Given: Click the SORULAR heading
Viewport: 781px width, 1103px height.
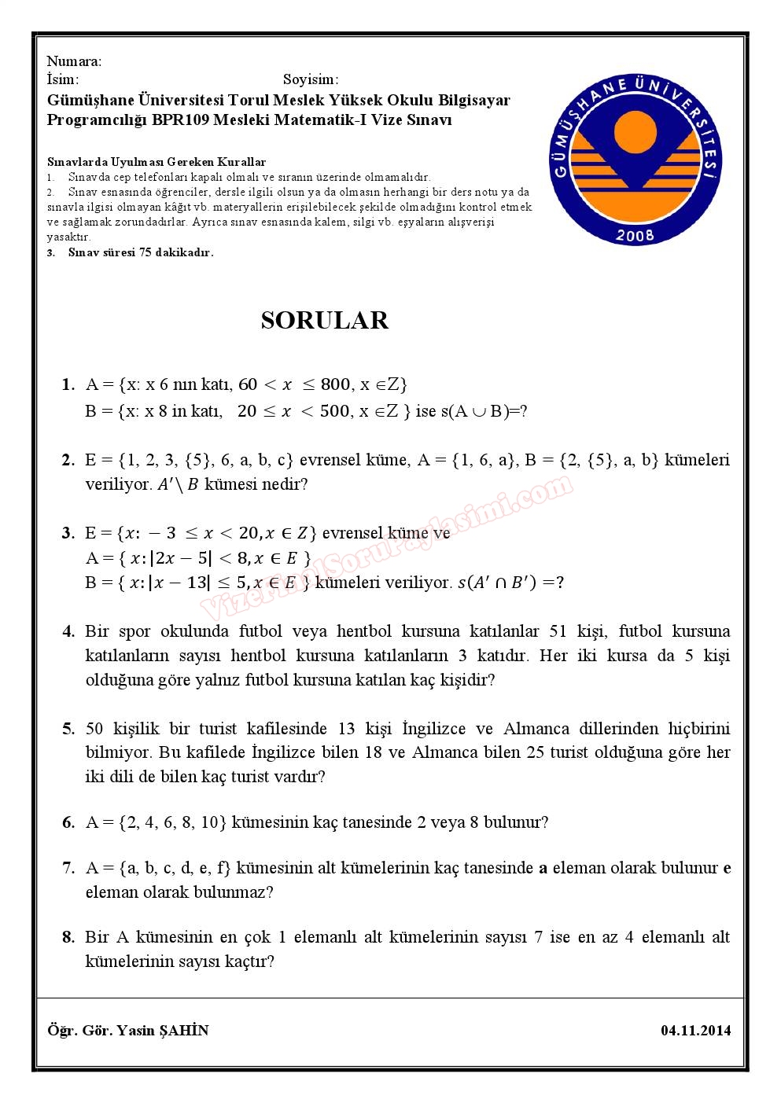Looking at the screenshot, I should coord(324,320).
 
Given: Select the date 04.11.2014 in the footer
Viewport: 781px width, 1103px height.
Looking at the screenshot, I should coord(695,1030).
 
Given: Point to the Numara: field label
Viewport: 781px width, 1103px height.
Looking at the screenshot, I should coord(74,61).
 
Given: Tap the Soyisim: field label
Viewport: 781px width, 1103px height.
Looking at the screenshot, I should coord(311,79).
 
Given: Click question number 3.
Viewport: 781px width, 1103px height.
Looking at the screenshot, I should coord(68,533).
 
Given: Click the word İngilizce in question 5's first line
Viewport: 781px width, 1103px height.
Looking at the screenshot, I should coord(434,728).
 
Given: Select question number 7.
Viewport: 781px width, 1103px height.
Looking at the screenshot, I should coord(68,868).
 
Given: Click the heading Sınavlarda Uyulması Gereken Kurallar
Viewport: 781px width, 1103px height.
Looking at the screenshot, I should coord(156,162).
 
